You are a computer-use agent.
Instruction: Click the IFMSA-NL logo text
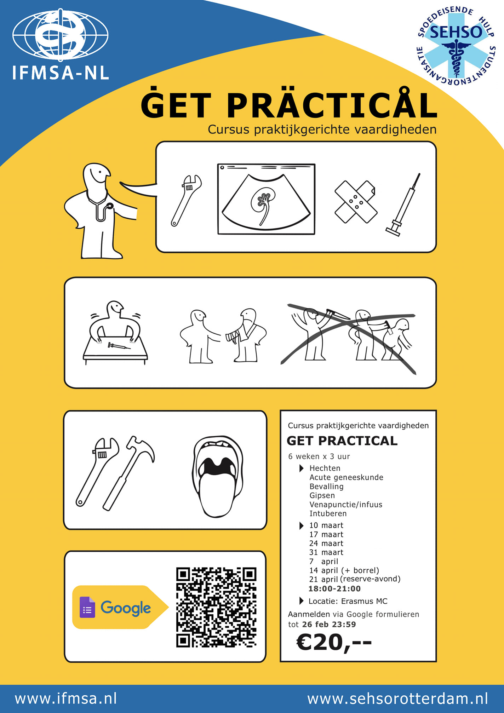(x=61, y=73)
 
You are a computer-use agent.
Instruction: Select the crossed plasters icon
(x=356, y=202)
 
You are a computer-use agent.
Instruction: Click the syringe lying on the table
(x=119, y=346)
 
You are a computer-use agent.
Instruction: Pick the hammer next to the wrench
(x=129, y=473)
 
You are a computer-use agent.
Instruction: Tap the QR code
(x=216, y=607)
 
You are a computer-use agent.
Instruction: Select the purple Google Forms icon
(x=87, y=607)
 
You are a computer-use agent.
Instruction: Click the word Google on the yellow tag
(x=126, y=608)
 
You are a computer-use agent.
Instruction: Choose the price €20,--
(x=334, y=642)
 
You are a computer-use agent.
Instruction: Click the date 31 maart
(x=326, y=552)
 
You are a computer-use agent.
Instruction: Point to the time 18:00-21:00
(x=334, y=588)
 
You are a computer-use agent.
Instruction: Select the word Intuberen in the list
(x=328, y=513)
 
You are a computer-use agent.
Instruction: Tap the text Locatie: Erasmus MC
(x=348, y=601)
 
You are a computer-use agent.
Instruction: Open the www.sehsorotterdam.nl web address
(x=397, y=698)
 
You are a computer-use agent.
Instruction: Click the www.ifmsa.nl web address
(x=66, y=698)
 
